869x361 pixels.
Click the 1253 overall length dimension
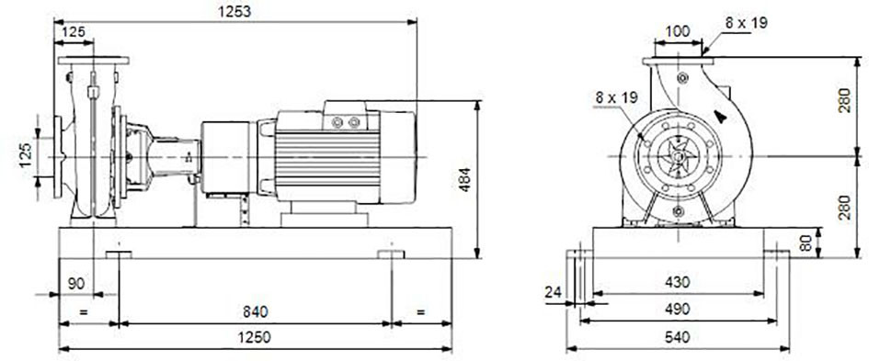tap(235, 12)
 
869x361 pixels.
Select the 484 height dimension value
tap(464, 179)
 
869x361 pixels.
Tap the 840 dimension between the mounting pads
tap(255, 311)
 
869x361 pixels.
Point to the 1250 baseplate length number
tap(255, 337)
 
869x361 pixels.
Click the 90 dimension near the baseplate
tap(76, 284)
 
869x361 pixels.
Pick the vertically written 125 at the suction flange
tap(26, 155)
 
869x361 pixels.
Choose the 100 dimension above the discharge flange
tap(678, 31)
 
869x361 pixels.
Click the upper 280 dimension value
tap(844, 100)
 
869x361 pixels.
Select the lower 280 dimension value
tap(844, 207)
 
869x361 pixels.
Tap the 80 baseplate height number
tap(806, 243)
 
